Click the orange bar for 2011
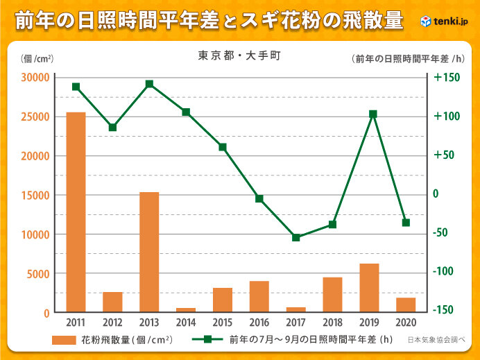(76, 212)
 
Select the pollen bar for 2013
(149, 252)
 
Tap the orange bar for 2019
(369, 288)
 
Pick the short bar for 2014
(186, 310)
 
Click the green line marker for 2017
(295, 237)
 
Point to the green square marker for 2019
(372, 114)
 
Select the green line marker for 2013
(149, 84)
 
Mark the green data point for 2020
(406, 223)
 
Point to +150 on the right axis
(447, 77)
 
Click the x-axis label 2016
(259, 323)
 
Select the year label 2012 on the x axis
(112, 323)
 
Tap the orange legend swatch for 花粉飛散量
(71, 340)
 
